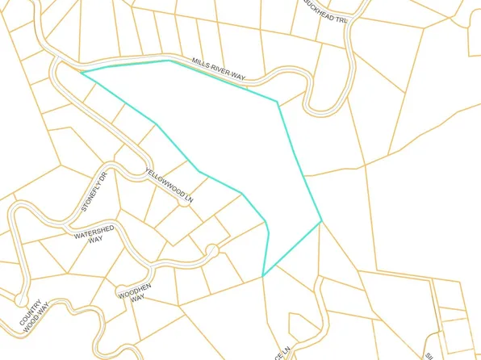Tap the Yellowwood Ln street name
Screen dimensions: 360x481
click(169, 184)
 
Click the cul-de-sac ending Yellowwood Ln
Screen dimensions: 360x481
click(185, 203)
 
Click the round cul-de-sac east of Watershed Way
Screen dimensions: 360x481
click(211, 249)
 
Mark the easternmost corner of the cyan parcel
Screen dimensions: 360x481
click(322, 220)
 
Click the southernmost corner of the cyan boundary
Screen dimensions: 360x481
click(263, 276)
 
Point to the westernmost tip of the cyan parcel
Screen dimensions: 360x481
click(82, 72)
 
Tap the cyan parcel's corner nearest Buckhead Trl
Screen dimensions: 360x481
click(278, 102)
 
